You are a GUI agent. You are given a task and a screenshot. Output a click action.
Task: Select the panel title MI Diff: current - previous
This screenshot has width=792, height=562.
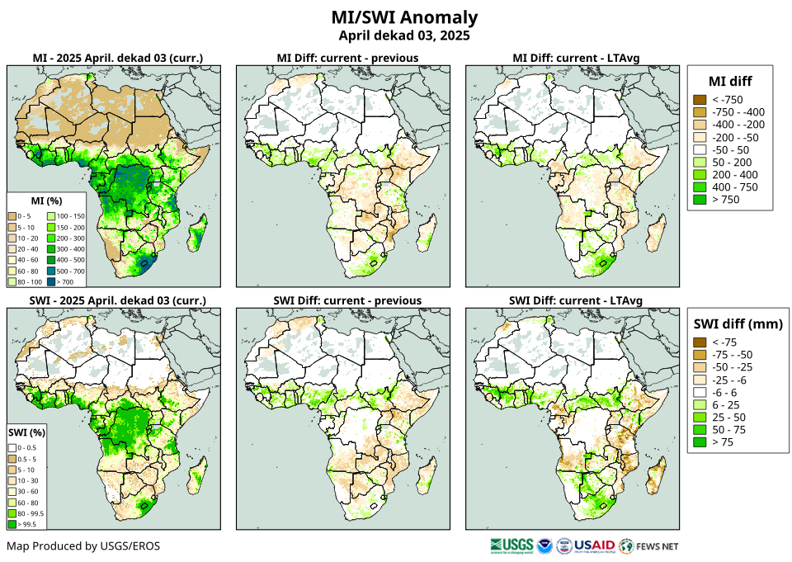[x=346, y=58]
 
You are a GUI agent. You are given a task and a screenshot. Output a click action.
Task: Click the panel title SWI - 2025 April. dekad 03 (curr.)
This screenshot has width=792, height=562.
[x=117, y=300]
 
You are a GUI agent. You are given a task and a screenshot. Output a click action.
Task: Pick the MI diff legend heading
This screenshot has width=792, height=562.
[x=730, y=80]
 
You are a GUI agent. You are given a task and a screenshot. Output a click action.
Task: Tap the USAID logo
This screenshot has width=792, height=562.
[x=594, y=545]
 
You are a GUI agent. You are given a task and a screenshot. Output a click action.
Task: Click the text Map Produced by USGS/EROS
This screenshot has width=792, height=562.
[x=83, y=546]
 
